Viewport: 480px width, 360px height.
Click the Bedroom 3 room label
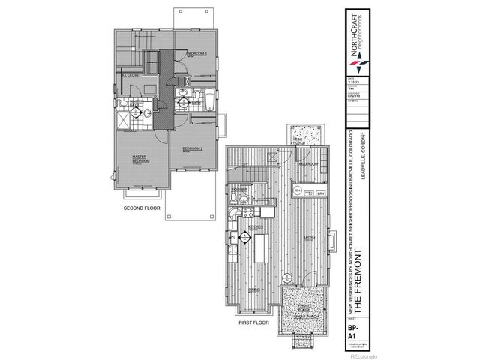coord(197,54)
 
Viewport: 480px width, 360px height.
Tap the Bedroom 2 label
coord(194,149)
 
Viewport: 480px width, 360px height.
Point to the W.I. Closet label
coord(134,75)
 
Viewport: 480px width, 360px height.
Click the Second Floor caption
coord(142,208)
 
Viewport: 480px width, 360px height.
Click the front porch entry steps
coord(303,343)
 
